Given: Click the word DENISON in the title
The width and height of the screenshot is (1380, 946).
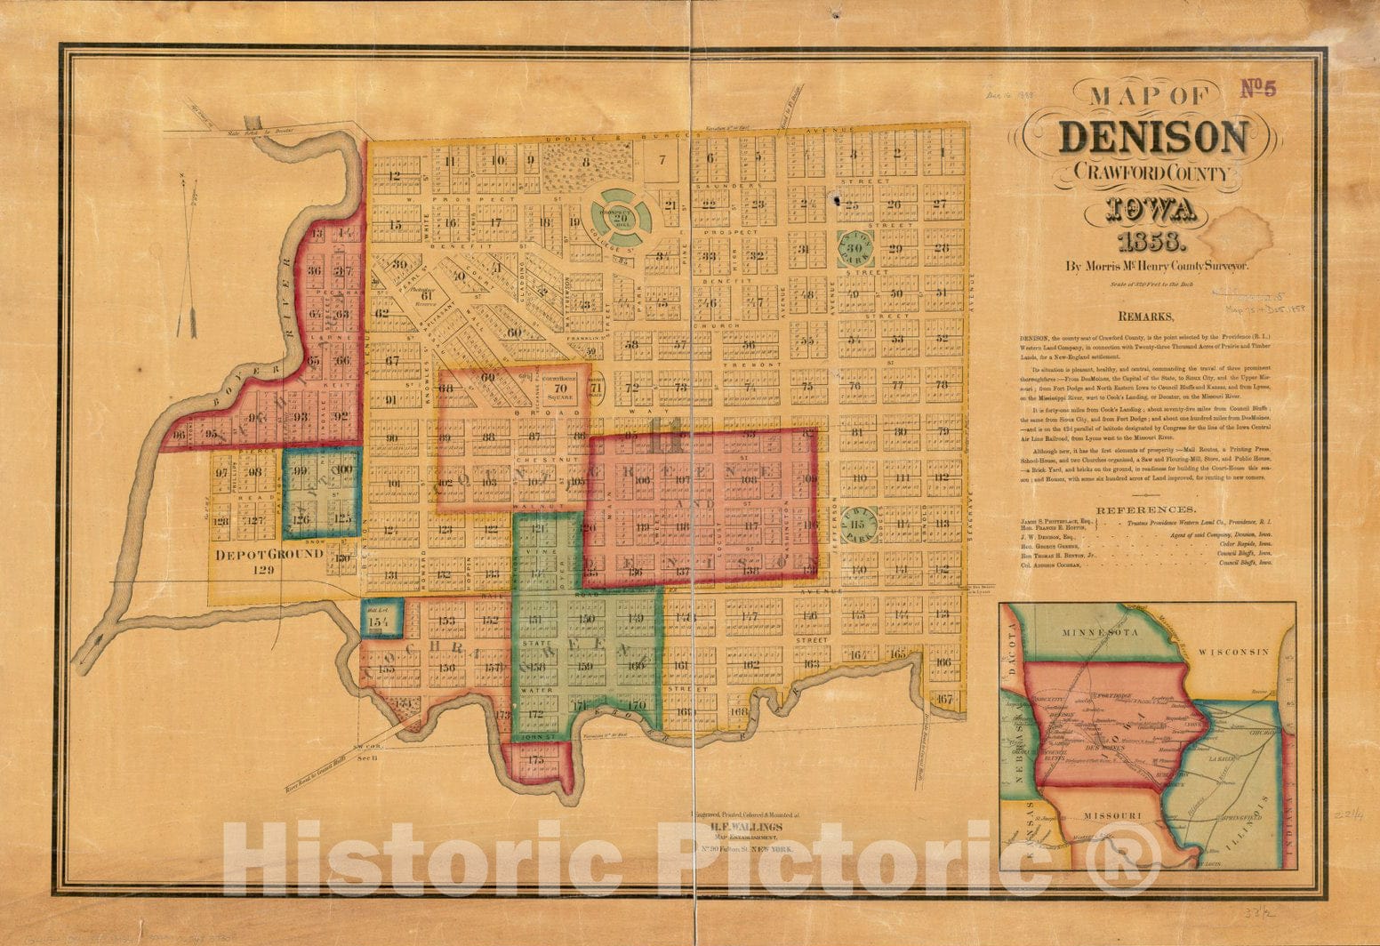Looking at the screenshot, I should (1153, 138).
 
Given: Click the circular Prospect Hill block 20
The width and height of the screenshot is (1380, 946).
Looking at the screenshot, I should (622, 212).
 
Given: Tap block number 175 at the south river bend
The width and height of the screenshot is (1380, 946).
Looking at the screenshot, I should (535, 760).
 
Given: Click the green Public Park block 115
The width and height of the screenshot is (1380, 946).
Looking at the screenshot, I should (859, 525).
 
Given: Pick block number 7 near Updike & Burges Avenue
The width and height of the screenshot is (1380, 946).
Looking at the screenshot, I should (662, 161).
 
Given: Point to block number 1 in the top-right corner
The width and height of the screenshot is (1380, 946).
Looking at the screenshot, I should (942, 151).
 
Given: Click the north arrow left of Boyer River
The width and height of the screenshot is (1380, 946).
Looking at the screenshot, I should (188, 258).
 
